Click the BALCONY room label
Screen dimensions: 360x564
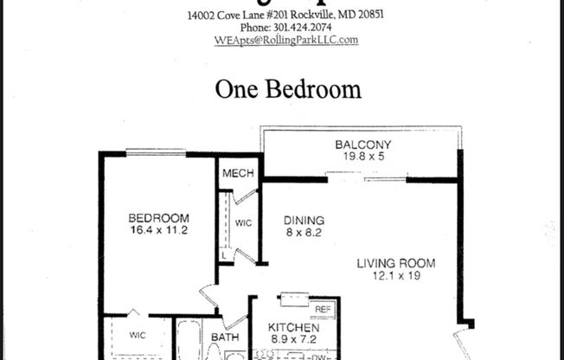point(363,145)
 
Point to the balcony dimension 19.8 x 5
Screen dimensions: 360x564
point(363,157)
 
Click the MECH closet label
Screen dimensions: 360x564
point(238,175)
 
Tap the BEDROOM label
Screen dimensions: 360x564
point(158,218)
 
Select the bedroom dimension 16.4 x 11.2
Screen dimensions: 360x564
point(158,231)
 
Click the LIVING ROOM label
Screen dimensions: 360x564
point(397,263)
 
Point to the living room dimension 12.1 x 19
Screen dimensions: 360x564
point(397,276)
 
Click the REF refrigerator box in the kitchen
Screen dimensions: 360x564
point(322,309)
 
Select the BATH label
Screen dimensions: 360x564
point(224,337)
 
